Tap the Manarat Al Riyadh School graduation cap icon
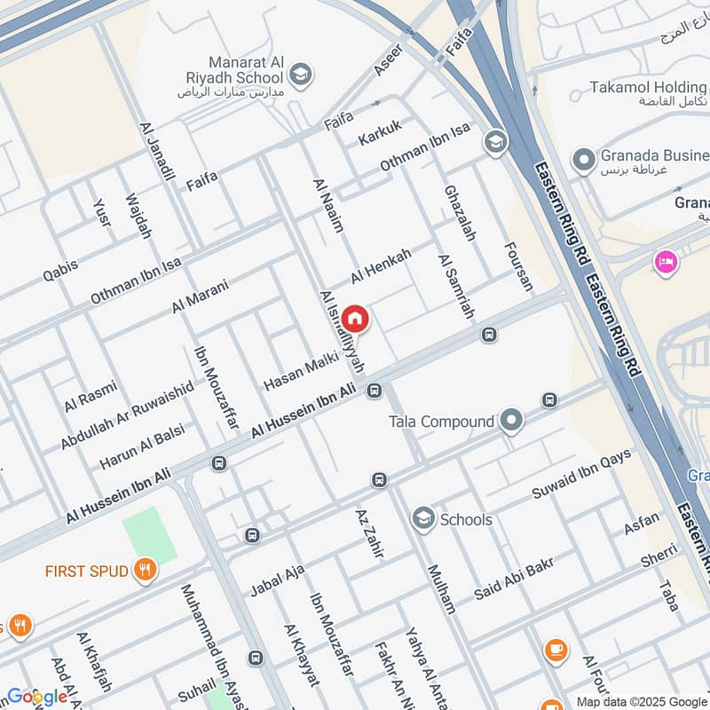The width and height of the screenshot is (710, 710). click(x=301, y=74)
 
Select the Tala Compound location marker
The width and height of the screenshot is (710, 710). click(x=511, y=421)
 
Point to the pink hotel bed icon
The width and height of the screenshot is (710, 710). click(x=663, y=262)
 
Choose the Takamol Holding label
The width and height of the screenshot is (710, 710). click(x=648, y=88)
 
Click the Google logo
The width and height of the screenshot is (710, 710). click(x=36, y=697)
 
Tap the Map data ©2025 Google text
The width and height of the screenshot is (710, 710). click(x=638, y=701)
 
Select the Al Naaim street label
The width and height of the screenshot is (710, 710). click(x=327, y=205)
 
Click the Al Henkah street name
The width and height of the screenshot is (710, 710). click(x=381, y=266)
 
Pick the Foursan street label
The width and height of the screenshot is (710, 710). click(x=518, y=266)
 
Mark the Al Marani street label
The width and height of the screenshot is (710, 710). click(x=201, y=296)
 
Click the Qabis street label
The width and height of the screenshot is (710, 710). click(x=60, y=270)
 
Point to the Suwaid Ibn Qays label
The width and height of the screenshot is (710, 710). click(x=581, y=474)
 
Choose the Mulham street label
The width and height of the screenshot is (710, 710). click(x=441, y=588)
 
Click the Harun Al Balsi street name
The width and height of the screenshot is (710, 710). click(x=141, y=450)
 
